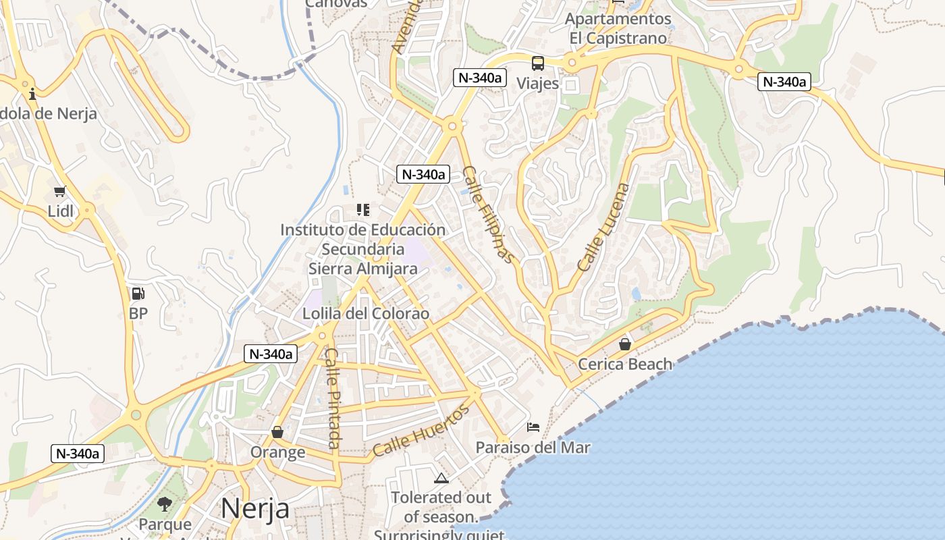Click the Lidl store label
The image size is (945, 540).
pos(61,211)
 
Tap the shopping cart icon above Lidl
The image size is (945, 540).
pos(60,192)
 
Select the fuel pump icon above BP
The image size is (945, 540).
pos(138,294)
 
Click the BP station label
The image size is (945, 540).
pos(138,314)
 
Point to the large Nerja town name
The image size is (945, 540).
pos(255,508)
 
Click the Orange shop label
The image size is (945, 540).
pos(277,452)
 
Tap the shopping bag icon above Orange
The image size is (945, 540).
pos(277,432)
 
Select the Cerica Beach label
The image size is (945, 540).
pos(625,364)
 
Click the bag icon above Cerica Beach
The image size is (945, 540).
pos(625,344)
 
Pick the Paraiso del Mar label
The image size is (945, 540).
pos(533,448)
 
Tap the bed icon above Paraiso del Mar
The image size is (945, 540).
pos(533,427)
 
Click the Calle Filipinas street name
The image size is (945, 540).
pos(489,215)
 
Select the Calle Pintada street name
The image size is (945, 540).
pos(332,398)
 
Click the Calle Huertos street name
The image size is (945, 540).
pos(421,431)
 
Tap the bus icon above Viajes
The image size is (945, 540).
pos(538,63)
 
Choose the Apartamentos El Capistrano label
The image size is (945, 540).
pos(618,28)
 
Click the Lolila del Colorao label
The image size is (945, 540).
pos(365,314)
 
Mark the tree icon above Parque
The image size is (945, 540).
pos(165,504)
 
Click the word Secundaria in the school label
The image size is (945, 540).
pos(362,249)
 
